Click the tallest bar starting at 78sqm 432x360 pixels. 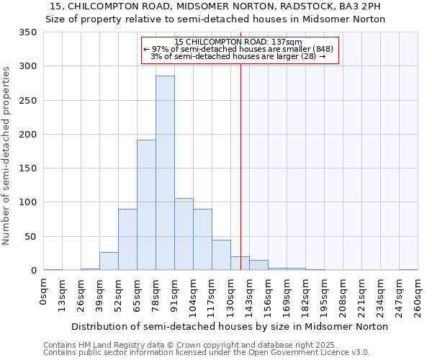coord(165,173)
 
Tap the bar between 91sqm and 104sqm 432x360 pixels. coord(184,234)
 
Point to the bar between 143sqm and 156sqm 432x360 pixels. coord(258,265)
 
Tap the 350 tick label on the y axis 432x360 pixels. coord(27,32)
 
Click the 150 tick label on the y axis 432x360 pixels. coord(27,168)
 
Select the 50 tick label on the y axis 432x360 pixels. coord(30,237)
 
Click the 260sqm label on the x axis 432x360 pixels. coord(418,296)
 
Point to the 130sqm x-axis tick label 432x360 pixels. coord(231,296)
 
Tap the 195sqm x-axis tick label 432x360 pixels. coord(325,296)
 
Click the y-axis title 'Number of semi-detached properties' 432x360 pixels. coord(7,156)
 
